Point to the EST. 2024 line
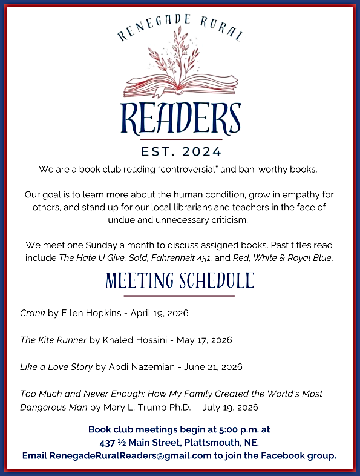click(180, 151)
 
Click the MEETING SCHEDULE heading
click(180, 281)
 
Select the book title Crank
click(32, 313)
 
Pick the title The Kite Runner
click(53, 340)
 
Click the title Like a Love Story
click(56, 367)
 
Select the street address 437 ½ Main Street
click(145, 442)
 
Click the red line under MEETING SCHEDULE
click(179, 296)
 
